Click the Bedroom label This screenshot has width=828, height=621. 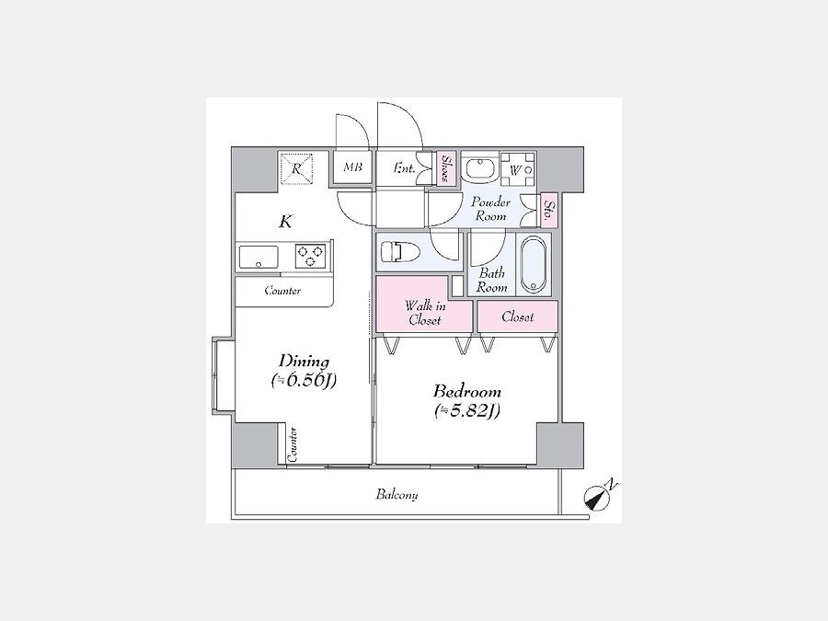click(466, 392)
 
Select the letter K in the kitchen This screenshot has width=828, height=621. click(285, 221)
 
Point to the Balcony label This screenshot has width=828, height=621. click(397, 495)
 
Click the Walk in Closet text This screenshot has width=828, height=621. click(425, 313)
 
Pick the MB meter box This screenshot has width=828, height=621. click(352, 168)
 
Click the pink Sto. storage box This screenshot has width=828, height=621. click(549, 210)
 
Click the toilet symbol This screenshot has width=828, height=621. click(400, 251)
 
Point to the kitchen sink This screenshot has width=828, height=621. click(259, 258)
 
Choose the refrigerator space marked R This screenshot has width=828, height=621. click(296, 169)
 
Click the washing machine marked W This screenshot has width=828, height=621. click(516, 169)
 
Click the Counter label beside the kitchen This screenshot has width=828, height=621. click(282, 291)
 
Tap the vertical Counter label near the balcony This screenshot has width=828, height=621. click(293, 444)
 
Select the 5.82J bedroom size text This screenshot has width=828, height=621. click(466, 410)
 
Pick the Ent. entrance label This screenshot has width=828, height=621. click(404, 168)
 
